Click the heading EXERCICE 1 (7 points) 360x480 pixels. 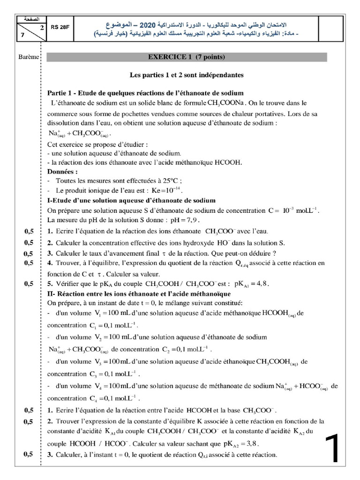[x=187, y=58]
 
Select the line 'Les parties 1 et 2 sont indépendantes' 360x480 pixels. [x=187, y=75]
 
